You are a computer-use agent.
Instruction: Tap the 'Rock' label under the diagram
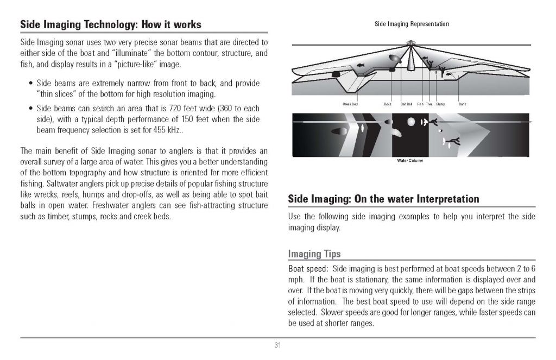[387, 104]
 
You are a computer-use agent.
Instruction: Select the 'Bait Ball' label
[406, 104]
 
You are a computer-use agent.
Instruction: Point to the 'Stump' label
[440, 104]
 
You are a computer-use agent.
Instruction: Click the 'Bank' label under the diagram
[462, 104]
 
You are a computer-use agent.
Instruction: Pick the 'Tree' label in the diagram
[429, 104]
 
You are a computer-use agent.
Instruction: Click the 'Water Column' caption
[410, 161]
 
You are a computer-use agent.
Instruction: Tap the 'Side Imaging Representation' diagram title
[412, 24]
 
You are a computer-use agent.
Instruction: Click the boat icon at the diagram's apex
[411, 41]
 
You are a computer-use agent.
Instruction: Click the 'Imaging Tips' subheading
[314, 254]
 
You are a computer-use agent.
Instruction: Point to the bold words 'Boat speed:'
[308, 269]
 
